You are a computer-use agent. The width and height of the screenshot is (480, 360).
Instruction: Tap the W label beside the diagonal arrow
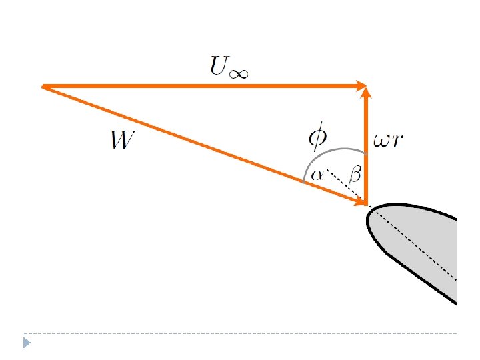pos(125,141)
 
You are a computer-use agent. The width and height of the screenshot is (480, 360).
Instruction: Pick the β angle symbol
pos(355,175)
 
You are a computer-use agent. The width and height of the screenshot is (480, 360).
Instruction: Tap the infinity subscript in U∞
pos(238,71)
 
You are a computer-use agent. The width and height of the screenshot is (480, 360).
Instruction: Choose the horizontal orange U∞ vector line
pos(200,86)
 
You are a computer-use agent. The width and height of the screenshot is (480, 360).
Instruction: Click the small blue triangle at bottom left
pos(27,343)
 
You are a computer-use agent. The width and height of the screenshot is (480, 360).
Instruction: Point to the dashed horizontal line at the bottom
pos(240,333)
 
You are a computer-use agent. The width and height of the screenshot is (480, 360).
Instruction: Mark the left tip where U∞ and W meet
pos(43,86)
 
